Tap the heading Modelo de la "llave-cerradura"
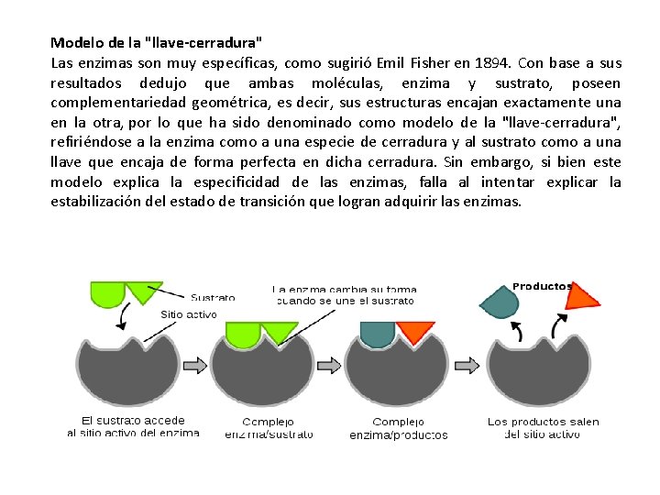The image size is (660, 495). [156, 42]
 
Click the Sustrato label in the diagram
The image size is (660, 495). [213, 297]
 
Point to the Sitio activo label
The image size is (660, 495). [189, 313]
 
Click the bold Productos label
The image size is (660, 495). [542, 286]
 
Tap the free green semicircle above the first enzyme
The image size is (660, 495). [107, 293]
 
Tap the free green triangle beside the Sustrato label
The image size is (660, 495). [142, 291]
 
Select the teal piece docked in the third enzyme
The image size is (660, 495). [377, 334]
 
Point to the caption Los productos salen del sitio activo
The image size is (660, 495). [543, 428]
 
